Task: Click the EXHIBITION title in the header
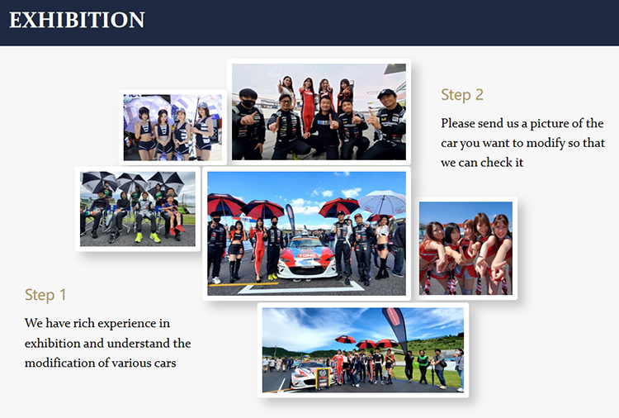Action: pyautogui.click(x=77, y=20)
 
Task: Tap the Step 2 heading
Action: pyautogui.click(x=462, y=95)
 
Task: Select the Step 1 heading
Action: pyautogui.click(x=45, y=295)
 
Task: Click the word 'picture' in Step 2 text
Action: pyautogui.click(x=549, y=124)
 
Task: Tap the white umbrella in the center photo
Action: pyautogui.click(x=382, y=203)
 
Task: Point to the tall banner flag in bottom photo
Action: pyautogui.click(x=395, y=328)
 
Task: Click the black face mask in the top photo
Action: pyautogui.click(x=248, y=104)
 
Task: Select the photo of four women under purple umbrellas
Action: pyautogui.click(x=172, y=127)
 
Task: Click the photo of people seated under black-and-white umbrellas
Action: pyautogui.click(x=138, y=209)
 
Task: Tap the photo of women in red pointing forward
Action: pyautogui.click(x=465, y=248)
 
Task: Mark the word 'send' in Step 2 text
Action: pyautogui.click(x=497, y=124)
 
